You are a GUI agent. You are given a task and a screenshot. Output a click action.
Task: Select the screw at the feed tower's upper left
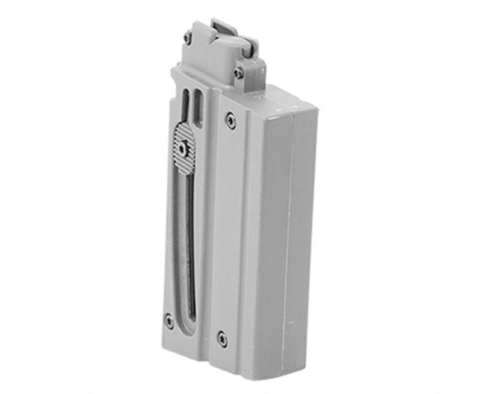187,37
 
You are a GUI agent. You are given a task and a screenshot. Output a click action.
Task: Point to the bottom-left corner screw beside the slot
169,319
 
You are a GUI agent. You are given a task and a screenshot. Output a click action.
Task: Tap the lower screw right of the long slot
222,335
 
